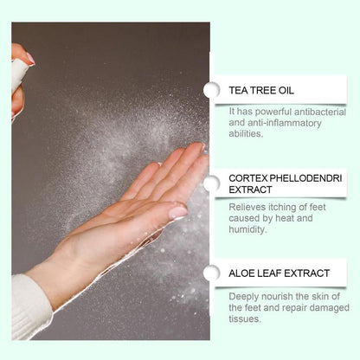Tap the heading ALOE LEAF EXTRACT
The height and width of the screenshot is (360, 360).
coord(279,273)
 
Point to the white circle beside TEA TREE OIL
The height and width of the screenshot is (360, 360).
coord(211,90)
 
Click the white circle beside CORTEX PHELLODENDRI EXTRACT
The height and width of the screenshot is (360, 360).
coord(211,183)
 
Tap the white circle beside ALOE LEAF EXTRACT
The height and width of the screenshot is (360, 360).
coord(211,273)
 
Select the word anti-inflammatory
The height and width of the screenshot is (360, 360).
coord(281,122)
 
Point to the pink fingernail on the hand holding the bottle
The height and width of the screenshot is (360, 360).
coord(29,59)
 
